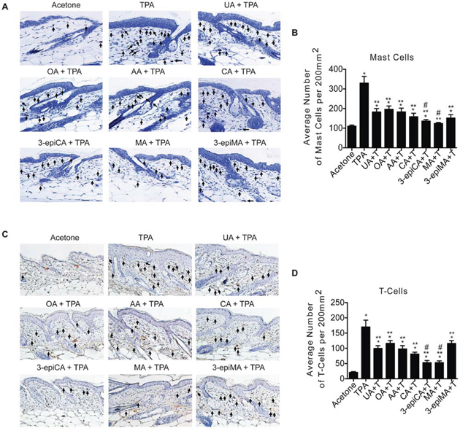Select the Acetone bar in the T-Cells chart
(x=353, y=376)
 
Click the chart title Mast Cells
(x=391, y=57)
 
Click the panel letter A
(x=5, y=7)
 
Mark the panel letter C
(x=5, y=236)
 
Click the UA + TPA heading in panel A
(x=239, y=5)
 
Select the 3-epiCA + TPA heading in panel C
(x=55, y=367)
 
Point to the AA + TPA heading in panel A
(x=147, y=71)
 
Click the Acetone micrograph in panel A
(x=61, y=38)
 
